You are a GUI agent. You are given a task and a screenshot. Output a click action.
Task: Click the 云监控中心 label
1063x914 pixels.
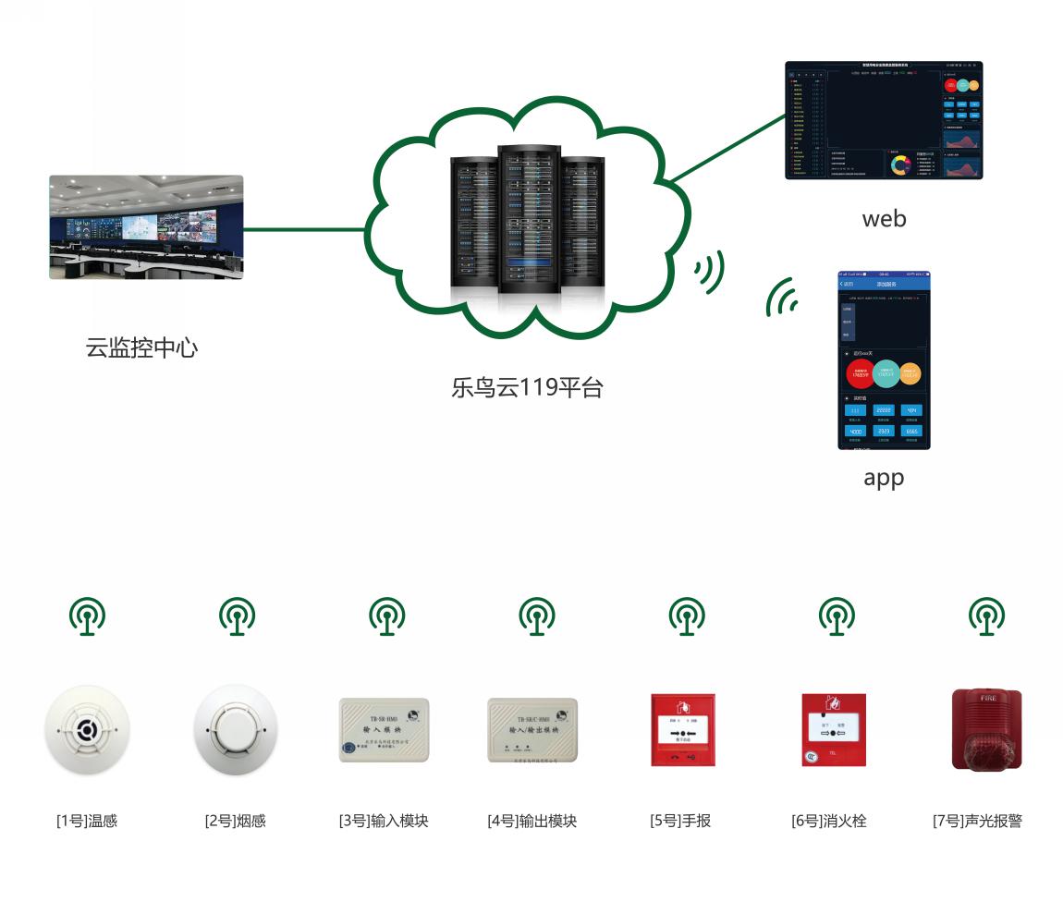(141, 348)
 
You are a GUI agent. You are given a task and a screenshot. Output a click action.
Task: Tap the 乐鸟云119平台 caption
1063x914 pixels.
(527, 387)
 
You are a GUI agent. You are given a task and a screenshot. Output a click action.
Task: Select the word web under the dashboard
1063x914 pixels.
(884, 219)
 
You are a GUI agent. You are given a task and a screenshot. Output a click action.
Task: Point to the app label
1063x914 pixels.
(884, 478)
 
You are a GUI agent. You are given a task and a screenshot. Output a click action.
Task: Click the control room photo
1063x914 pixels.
(146, 227)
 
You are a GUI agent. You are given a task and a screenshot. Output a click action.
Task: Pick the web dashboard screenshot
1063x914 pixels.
(884, 120)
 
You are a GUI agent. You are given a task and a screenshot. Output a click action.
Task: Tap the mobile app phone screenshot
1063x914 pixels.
(884, 360)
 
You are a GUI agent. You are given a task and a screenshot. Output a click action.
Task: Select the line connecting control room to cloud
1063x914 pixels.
(305, 229)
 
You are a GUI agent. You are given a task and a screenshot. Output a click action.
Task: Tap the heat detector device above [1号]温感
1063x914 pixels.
(88, 730)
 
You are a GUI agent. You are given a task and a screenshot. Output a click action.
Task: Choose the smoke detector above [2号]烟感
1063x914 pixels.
(236, 730)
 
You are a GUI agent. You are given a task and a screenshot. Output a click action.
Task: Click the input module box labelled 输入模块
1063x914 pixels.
(385, 729)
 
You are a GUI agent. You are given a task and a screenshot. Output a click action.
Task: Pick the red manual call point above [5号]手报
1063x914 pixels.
(683, 729)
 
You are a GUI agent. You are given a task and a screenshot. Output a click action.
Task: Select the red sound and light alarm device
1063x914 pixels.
(986, 729)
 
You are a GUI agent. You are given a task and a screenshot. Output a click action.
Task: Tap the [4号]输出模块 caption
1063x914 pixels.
(532, 821)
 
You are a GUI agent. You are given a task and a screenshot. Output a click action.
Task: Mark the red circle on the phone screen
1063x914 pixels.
(860, 373)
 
